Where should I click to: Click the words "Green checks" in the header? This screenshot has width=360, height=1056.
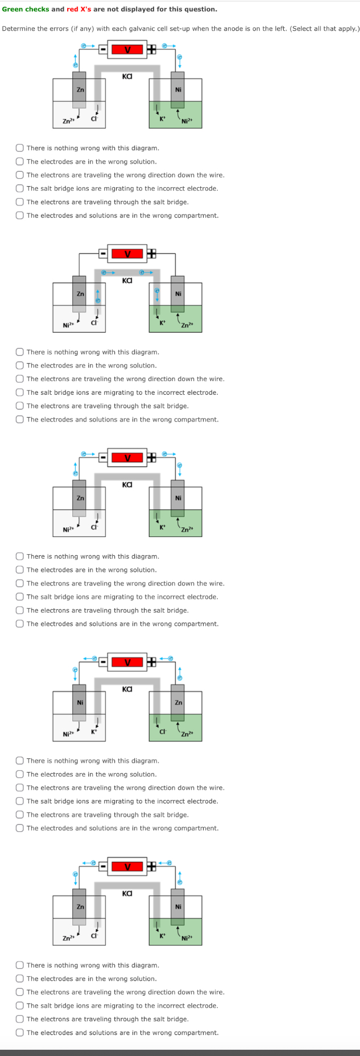(x=26, y=9)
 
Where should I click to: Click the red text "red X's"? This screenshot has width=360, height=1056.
(x=79, y=9)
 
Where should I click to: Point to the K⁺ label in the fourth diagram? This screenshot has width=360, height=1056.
(x=94, y=731)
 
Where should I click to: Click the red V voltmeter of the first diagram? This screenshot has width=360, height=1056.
(x=127, y=49)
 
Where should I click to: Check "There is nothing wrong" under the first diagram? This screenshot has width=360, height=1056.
(x=20, y=148)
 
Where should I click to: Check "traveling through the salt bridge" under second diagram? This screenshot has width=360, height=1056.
(x=20, y=406)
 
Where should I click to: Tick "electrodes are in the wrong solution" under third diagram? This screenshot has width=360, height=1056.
(x=20, y=570)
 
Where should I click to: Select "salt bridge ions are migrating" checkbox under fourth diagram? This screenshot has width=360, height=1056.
(x=20, y=801)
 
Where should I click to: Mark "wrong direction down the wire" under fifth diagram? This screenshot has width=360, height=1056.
(x=20, y=992)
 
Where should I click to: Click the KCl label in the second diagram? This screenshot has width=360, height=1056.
(x=127, y=280)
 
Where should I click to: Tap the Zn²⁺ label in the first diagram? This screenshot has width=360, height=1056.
(x=68, y=121)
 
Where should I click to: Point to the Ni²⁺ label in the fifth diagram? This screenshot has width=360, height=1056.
(x=187, y=939)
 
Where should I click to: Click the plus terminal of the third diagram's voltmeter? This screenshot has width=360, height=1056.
(x=151, y=457)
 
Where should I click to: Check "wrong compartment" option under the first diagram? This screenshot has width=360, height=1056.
(x=20, y=216)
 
